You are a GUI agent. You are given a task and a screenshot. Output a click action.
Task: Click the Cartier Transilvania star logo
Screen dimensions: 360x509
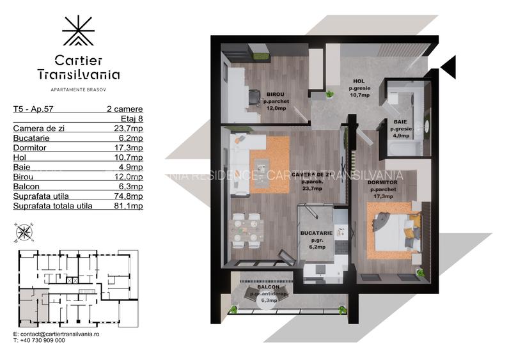coord(78,30)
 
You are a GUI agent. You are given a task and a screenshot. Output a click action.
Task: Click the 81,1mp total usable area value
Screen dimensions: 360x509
coord(129,206)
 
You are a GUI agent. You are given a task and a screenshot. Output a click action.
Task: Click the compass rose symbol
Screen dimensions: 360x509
coord(24,232)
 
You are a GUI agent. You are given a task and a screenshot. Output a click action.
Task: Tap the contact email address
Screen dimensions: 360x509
coord(60,334)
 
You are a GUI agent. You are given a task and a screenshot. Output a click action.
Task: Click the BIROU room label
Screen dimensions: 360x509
coord(276,95)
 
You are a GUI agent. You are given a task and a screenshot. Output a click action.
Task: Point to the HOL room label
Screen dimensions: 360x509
coord(359,81)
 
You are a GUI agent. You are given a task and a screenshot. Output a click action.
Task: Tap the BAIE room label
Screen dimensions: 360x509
coord(401,121)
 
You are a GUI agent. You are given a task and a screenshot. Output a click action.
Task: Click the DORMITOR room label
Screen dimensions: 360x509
coord(383,183)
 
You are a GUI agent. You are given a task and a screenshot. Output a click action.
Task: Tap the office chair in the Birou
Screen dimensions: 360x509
coord(254,97)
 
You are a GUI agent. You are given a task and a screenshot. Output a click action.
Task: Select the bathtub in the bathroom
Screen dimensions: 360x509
coord(402,148)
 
